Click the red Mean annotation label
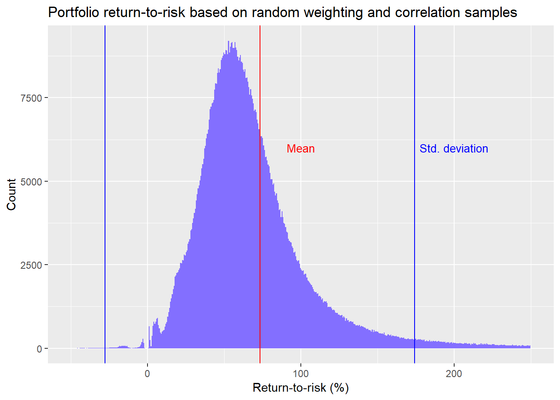click(x=300, y=149)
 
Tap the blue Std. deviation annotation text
click(x=453, y=149)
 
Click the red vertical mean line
click(x=260, y=208)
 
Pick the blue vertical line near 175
click(x=415, y=208)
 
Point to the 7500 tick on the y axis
click(x=31, y=98)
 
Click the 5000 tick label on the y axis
click(x=31, y=182)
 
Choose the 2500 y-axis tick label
click(x=31, y=265)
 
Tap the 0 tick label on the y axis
click(x=39, y=349)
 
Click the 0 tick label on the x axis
click(x=147, y=374)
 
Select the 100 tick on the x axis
click(x=300, y=374)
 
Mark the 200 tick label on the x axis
click(x=454, y=374)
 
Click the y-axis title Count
click(x=11, y=195)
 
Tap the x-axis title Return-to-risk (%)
click(x=300, y=388)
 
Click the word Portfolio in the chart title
click(x=74, y=12)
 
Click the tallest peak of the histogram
click(x=229, y=43)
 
